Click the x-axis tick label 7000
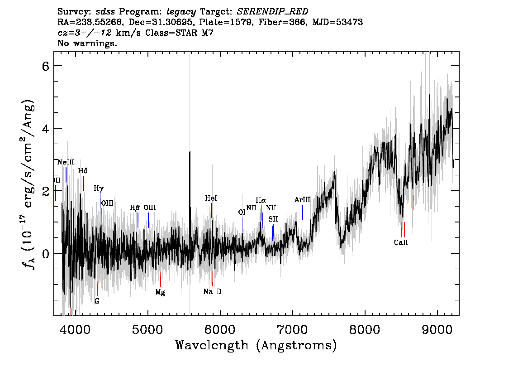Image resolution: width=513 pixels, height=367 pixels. (x=292, y=330)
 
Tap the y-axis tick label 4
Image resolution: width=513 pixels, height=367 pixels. (x=46, y=129)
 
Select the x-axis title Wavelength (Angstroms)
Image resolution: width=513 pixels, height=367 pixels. (x=256, y=345)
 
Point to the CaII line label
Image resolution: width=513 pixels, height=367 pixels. (x=401, y=242)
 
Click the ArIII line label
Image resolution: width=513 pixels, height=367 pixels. (x=302, y=200)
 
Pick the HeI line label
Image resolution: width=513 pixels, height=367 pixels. (x=211, y=198)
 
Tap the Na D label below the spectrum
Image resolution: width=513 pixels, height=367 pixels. (x=212, y=291)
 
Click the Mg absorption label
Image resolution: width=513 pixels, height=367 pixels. (x=160, y=292)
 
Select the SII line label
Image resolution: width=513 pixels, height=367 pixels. (x=273, y=219)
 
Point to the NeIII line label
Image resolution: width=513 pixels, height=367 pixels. (x=66, y=162)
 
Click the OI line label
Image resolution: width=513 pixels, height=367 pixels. (x=242, y=212)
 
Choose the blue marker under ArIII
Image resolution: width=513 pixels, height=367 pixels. (x=303, y=212)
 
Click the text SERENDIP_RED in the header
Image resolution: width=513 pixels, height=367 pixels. (x=272, y=12)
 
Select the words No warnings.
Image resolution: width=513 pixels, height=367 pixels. (x=87, y=43)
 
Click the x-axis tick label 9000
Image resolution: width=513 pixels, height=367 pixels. (x=437, y=330)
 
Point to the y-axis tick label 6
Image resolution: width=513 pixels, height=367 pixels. (x=46, y=66)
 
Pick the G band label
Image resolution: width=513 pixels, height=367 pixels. (x=97, y=301)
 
